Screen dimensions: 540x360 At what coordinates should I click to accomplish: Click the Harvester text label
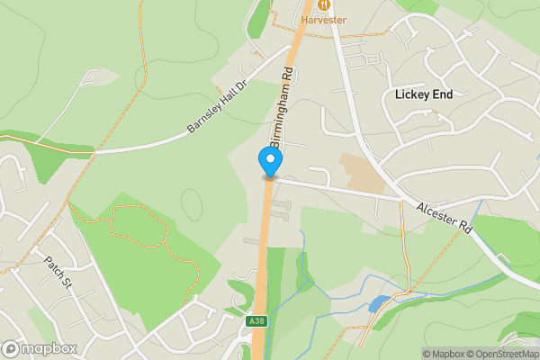pos(324,19)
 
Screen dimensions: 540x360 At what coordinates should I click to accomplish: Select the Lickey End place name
pos(423,94)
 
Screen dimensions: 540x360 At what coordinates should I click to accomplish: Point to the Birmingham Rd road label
pos(283,109)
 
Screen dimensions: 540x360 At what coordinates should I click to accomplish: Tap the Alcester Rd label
pos(444,219)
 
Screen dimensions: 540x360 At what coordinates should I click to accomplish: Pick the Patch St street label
pos(57,271)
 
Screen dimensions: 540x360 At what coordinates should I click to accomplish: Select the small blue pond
pos(379,302)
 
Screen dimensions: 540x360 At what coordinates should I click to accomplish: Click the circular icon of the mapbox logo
pos(12,348)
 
